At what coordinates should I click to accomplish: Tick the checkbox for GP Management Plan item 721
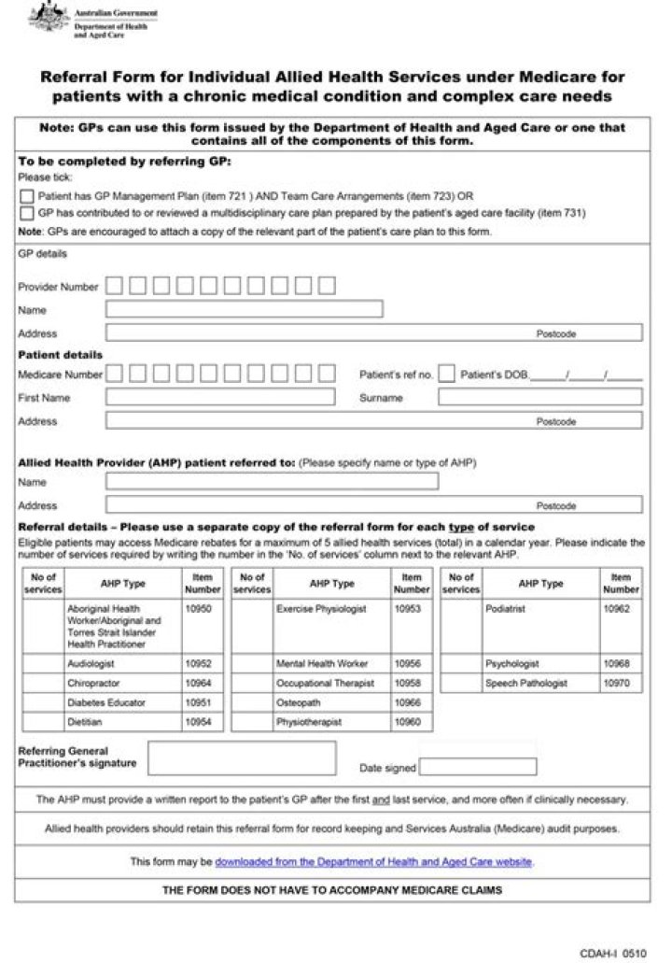point(27,196)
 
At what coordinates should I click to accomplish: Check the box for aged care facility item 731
point(27,212)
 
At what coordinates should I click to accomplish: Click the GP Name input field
point(244,309)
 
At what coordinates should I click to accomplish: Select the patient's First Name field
point(219,397)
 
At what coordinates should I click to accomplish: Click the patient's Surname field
point(539,397)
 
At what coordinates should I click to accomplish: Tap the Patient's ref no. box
point(446,374)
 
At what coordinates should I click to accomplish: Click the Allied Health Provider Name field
point(271,482)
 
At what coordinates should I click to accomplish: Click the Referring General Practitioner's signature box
point(242,758)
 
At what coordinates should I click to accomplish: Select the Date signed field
point(478,768)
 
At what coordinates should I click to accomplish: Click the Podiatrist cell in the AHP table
point(506,609)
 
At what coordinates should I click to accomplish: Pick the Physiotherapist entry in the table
point(309,722)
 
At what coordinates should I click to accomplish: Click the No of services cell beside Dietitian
point(43,722)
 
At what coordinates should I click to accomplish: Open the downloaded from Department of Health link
point(373,861)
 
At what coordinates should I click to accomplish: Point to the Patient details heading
point(61,355)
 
